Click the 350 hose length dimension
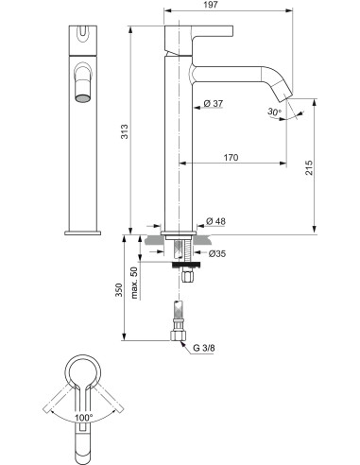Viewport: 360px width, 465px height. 117,288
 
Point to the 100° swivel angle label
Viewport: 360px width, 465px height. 83,417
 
